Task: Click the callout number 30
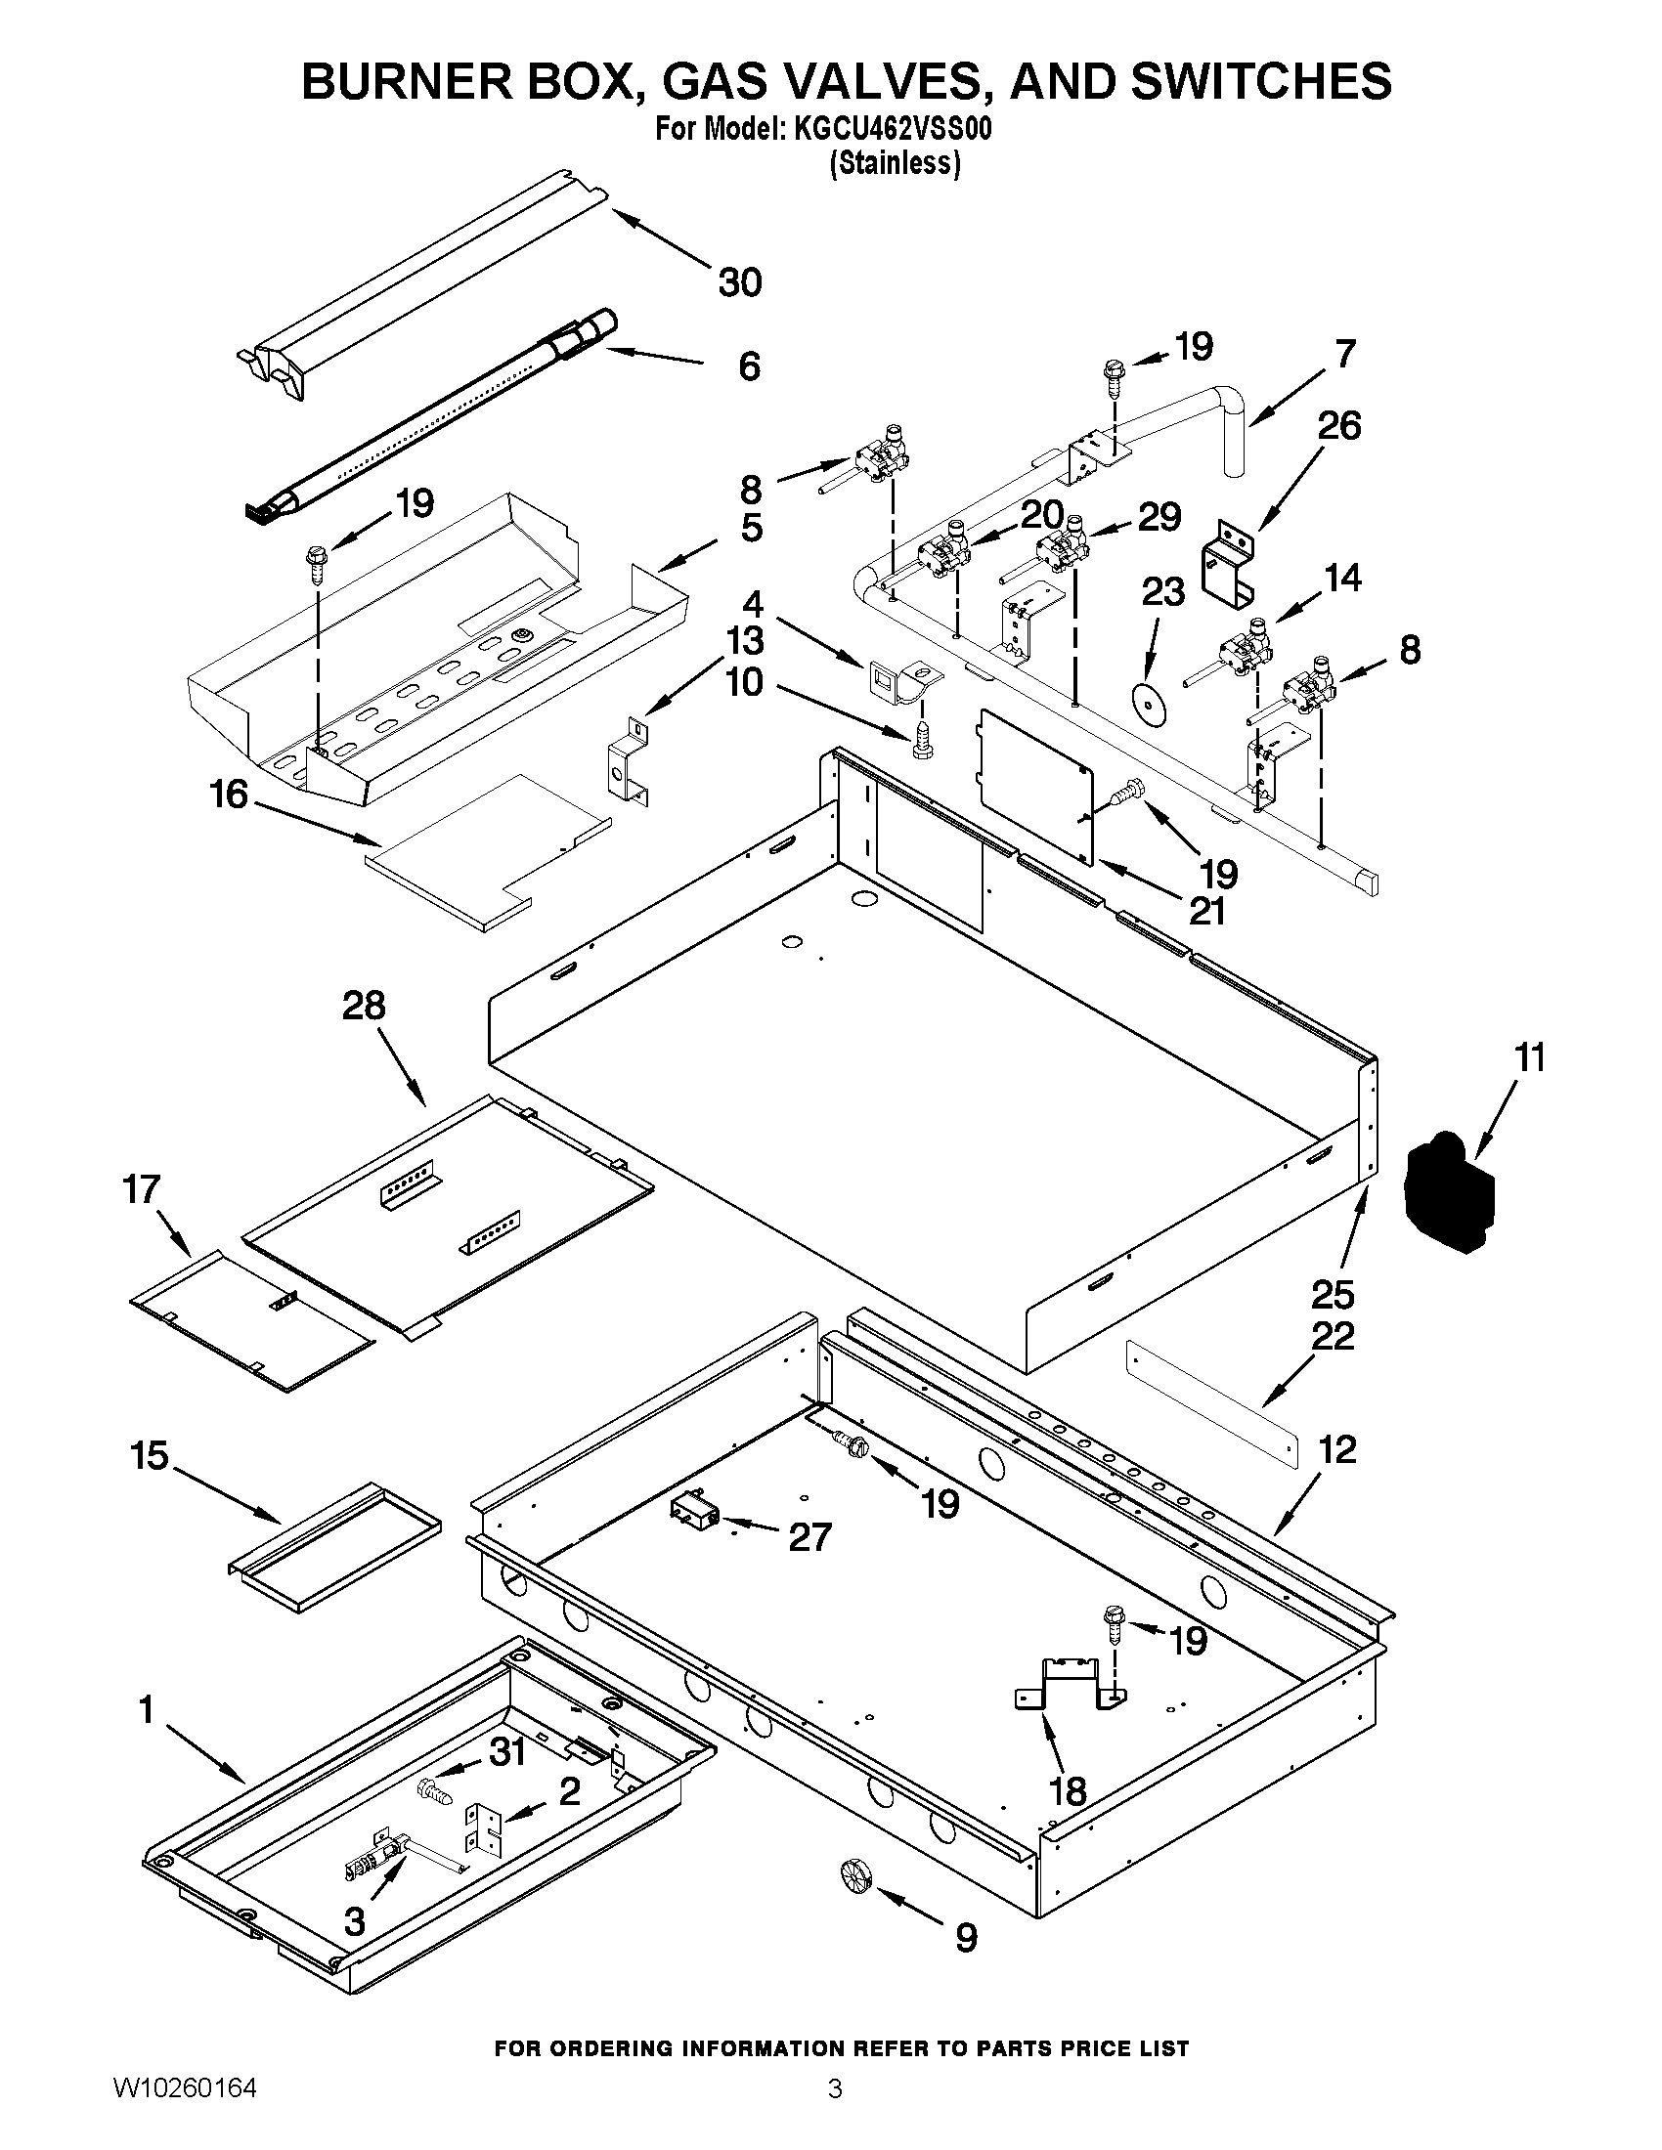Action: pyautogui.click(x=739, y=282)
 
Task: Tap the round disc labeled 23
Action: pyautogui.click(x=1147, y=700)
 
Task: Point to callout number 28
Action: pyautogui.click(x=364, y=1006)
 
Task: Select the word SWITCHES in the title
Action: pyautogui.click(x=1262, y=81)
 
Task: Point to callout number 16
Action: pyautogui.click(x=229, y=794)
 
